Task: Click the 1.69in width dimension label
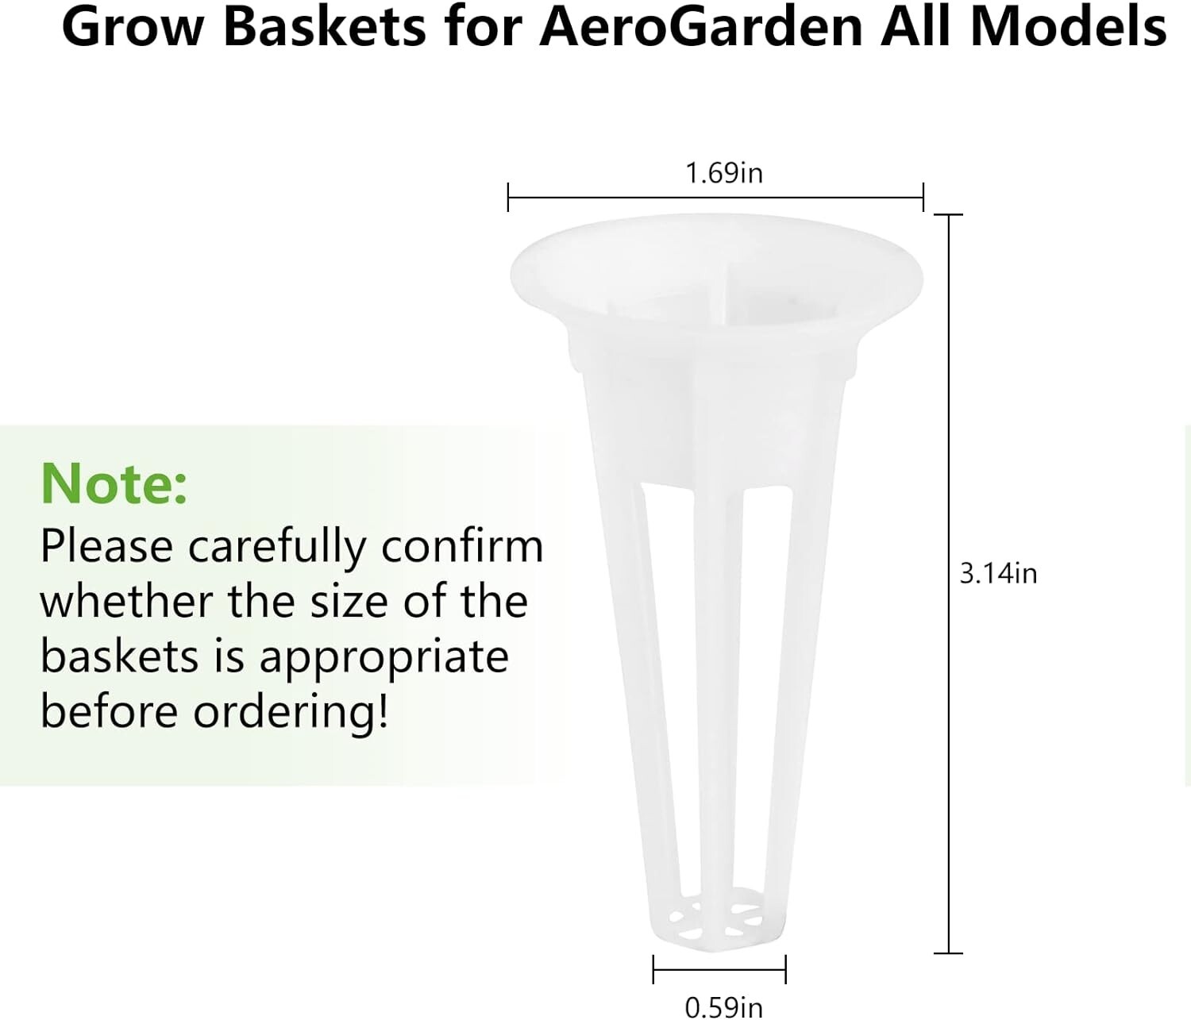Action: [x=723, y=173]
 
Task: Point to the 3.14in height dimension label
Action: [x=998, y=574]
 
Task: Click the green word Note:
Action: [x=114, y=483]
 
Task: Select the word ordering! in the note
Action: [x=291, y=714]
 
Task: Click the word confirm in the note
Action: [x=462, y=545]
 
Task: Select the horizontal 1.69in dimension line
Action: [x=715, y=198]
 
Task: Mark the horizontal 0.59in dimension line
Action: [x=719, y=969]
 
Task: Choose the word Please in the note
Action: [x=106, y=545]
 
